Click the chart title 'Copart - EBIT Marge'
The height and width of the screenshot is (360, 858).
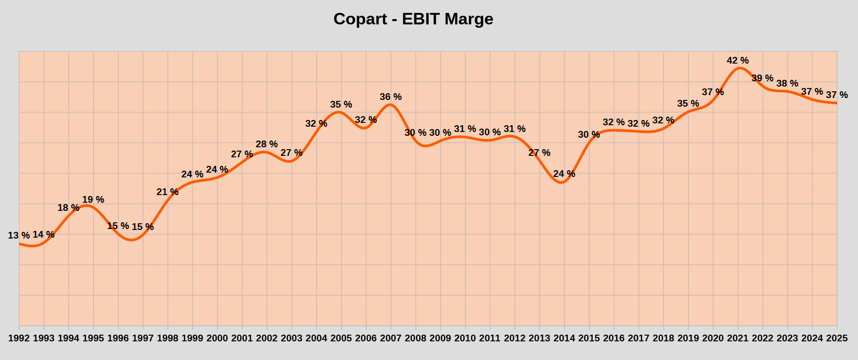(x=413, y=19)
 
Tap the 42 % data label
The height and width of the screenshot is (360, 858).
(x=738, y=61)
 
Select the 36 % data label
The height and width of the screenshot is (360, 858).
(x=391, y=97)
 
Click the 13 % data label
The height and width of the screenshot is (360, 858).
(x=19, y=235)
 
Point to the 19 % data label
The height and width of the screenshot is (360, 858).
(x=93, y=200)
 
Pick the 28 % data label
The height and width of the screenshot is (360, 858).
(x=267, y=144)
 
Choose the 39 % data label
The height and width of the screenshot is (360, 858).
(x=762, y=78)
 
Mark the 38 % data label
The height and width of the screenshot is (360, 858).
(x=787, y=84)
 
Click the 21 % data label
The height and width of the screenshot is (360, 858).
(x=167, y=192)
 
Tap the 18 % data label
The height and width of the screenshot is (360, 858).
(x=68, y=208)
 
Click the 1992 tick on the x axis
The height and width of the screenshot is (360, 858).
(x=19, y=338)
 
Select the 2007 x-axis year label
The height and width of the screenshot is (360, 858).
(x=391, y=338)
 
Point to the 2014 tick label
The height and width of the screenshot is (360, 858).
(x=564, y=338)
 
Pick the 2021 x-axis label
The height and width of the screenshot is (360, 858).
(x=738, y=338)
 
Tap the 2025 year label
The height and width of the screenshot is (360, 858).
(x=836, y=338)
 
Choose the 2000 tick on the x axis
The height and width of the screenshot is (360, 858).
(x=217, y=338)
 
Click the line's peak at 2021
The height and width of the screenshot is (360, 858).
(x=739, y=68)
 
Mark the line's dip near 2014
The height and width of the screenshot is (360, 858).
(x=561, y=183)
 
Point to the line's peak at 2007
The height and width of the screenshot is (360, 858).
(x=391, y=104)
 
